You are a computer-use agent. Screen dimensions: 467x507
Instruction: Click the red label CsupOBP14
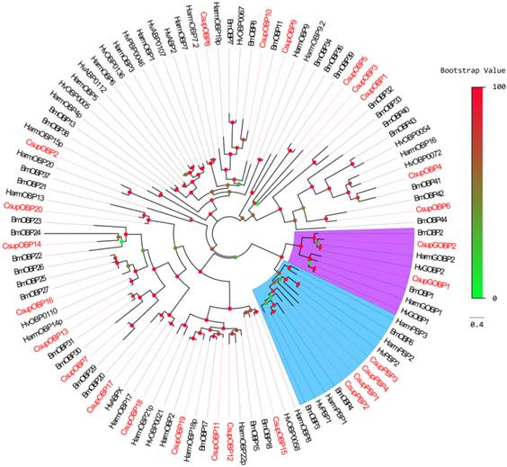tap(22, 245)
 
